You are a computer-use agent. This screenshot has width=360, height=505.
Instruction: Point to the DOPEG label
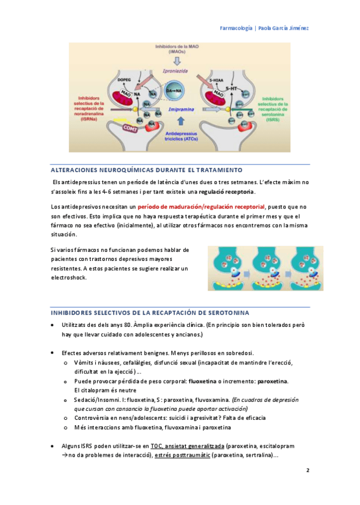coord(124,79)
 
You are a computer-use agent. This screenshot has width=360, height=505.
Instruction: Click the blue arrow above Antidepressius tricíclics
coord(178,122)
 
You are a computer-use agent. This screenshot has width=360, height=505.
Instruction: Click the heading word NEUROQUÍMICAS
coord(126,170)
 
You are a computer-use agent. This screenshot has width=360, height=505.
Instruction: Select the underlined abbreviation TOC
coord(157,445)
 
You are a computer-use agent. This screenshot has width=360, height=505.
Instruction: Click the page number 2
coord(308,470)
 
